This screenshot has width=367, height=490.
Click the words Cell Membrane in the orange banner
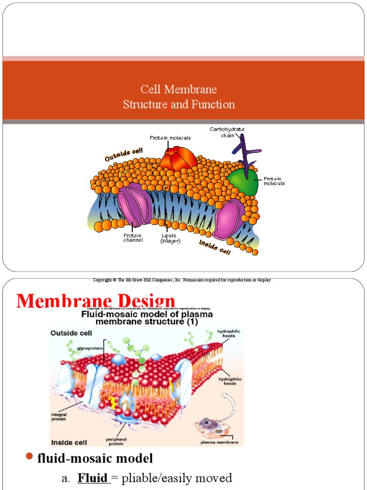tap(178, 89)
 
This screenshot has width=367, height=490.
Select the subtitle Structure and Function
tap(179, 104)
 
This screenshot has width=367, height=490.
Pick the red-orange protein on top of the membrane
tap(177, 158)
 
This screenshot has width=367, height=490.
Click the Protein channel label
tap(133, 238)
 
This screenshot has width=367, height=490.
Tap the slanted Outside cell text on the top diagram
tap(124, 154)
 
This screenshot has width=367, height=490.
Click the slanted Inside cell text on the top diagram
tap(215, 247)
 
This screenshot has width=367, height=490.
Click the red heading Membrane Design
tap(96, 301)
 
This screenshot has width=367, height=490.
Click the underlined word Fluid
tap(93, 478)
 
